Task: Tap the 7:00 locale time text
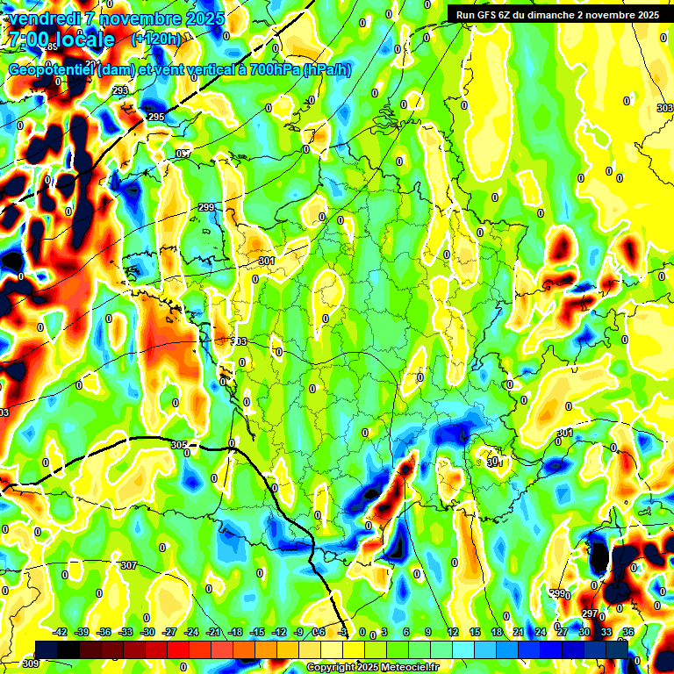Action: coord(61,39)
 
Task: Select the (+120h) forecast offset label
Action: coord(156,39)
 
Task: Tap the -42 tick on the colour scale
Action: coord(61,632)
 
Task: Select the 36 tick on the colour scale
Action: coord(628,632)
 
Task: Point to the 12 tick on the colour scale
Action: coord(453,632)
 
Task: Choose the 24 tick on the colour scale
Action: coord(541,632)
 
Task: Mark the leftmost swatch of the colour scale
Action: coord(47,649)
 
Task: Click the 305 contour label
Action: coord(179,446)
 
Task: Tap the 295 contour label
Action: coord(156,118)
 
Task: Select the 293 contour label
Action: coord(120,91)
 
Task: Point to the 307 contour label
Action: coord(129,565)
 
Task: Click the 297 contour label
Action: coord(590,614)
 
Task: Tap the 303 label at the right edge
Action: coord(664,108)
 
